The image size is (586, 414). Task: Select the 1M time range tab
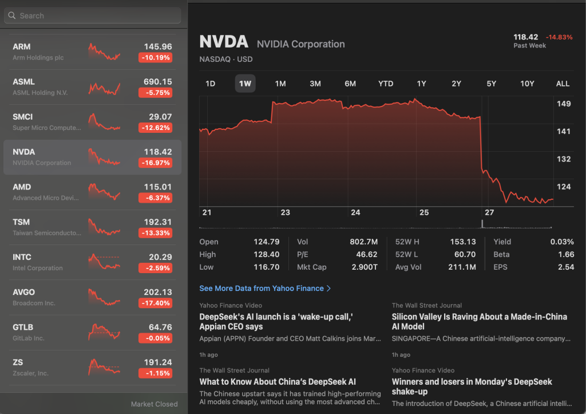pos(280,84)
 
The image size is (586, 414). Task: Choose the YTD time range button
pos(386,84)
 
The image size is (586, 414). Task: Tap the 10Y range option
pos(527,84)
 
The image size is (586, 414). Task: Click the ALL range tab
pos(563,84)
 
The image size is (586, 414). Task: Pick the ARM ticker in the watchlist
pos(22,46)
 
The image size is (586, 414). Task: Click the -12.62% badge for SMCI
pos(155,128)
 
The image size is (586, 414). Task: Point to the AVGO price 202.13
pos(157,292)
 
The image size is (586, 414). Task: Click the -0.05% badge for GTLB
pos(155,338)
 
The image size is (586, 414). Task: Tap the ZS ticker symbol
pos(18,362)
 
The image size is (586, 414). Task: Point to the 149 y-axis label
pos(564,104)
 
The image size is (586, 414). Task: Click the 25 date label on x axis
pos(423,212)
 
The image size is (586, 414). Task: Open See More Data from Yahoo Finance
pos(265,289)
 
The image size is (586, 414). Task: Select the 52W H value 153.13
pos(463,242)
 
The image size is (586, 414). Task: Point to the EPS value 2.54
pos(565,267)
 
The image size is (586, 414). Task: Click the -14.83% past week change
pos(559,37)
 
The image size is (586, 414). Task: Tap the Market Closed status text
pos(154,404)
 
